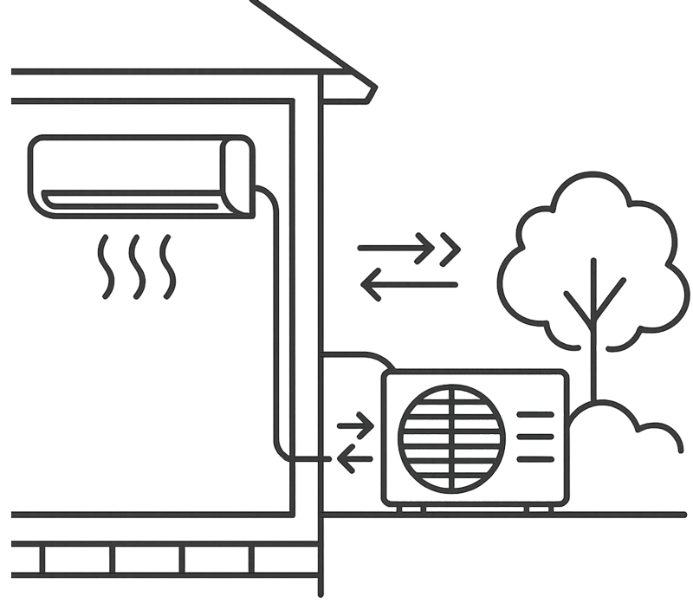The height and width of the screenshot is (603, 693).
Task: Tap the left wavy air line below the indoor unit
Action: pos(105,264)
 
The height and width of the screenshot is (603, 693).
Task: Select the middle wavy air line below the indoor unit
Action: pos(136,264)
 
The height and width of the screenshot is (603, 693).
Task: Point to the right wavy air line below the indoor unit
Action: pos(165,264)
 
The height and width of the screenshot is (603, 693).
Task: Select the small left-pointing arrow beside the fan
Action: pos(353,457)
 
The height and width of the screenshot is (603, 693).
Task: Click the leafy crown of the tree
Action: pos(593,251)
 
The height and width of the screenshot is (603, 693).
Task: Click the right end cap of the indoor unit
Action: pos(242,174)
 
